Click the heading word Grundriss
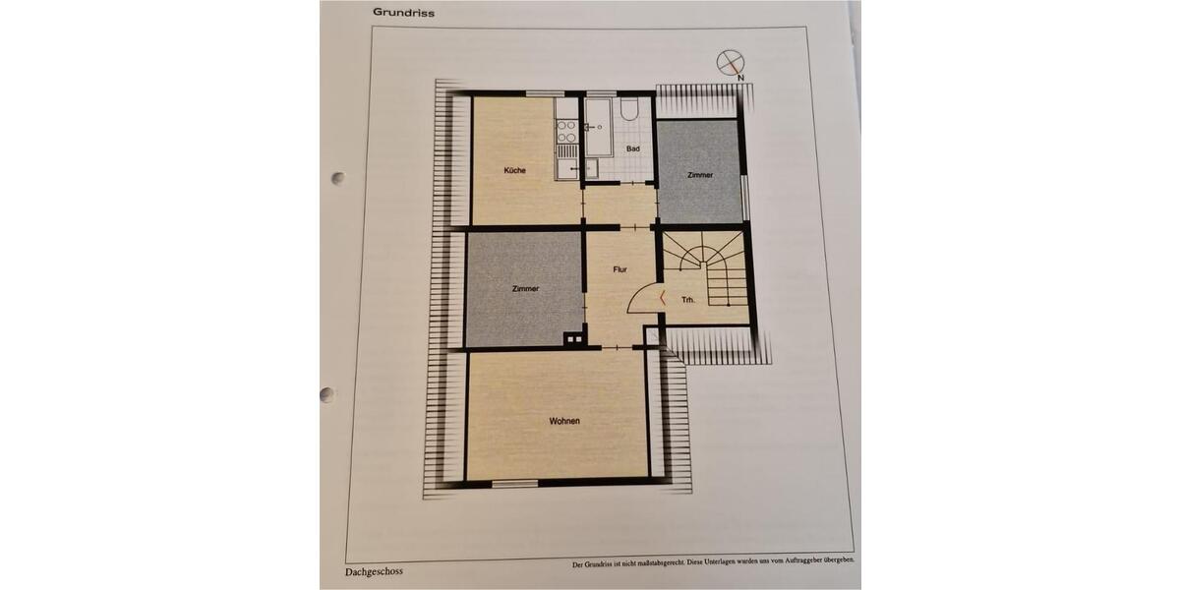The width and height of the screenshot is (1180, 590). tap(403, 13)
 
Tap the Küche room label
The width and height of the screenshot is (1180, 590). tap(514, 170)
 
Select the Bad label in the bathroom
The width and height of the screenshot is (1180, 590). tap(633, 148)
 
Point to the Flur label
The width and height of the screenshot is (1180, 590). tap(619, 267)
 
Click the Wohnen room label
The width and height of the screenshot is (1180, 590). tap(563, 421)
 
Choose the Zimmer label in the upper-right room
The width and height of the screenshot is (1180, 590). tap(700, 175)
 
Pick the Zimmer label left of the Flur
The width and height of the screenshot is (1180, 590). tap(525, 288)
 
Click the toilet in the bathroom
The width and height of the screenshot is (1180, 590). tap(630, 108)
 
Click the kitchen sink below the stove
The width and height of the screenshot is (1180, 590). tap(567, 168)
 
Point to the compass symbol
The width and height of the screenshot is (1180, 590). tap(730, 63)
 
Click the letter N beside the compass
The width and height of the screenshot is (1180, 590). tap(740, 77)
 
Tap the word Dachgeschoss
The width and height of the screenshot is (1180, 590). tap(374, 570)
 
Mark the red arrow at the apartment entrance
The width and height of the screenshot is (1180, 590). tap(662, 297)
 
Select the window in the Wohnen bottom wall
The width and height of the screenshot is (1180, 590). tap(515, 483)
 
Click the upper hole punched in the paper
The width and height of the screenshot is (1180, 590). tap(337, 179)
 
